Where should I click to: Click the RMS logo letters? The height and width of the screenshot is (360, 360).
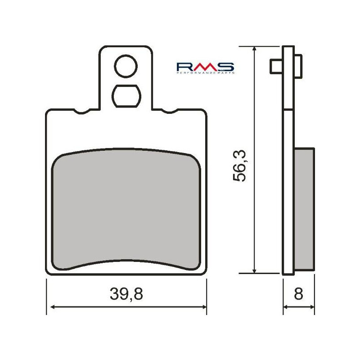pos(205,66)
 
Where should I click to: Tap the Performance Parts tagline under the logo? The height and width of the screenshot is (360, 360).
pos(205,72)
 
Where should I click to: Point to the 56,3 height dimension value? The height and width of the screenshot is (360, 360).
pos(240,166)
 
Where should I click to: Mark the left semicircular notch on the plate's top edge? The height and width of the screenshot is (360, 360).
pos(83,111)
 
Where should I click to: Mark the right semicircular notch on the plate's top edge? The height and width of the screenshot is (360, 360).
pos(168,111)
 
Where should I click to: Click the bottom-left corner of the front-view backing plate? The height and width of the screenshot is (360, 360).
pos(48,271)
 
